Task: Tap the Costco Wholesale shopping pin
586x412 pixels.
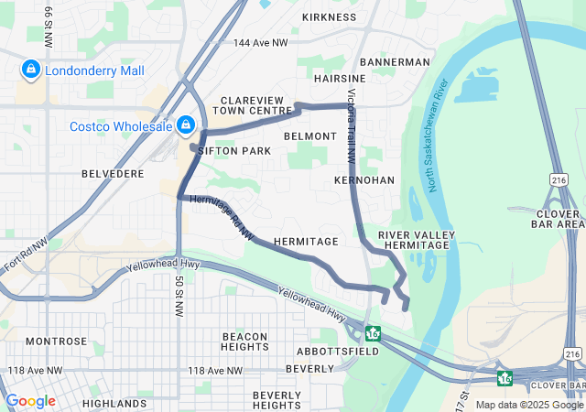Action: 186,124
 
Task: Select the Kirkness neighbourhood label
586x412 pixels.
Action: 329,17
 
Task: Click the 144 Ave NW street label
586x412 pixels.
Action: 260,43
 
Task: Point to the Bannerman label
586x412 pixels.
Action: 395,61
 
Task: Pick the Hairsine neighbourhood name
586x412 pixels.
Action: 340,80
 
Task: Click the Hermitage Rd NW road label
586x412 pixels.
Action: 221,218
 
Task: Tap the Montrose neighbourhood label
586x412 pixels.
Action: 56,342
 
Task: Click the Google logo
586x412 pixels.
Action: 30,401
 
